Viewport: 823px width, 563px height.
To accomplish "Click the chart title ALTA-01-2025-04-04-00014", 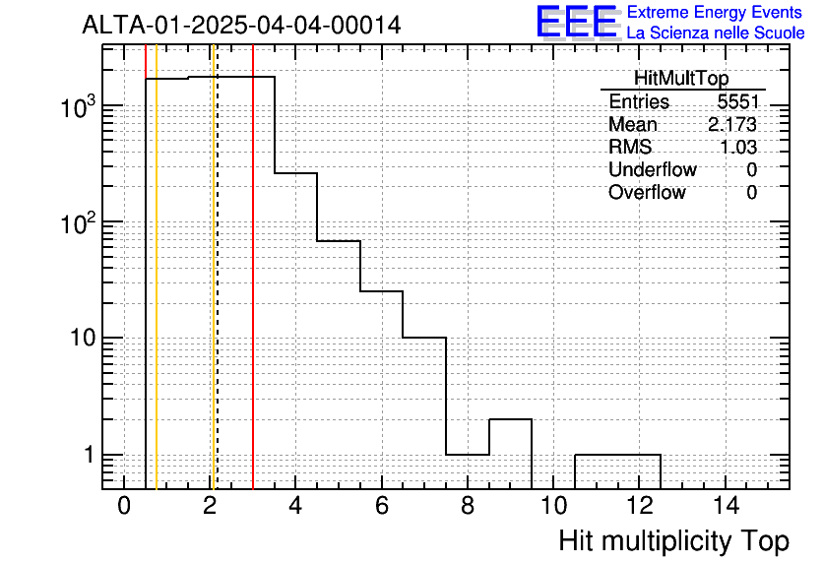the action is (x=241, y=25).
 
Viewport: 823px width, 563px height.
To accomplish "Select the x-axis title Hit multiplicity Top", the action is (x=674, y=540).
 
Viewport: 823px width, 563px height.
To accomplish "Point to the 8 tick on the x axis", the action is (x=468, y=506).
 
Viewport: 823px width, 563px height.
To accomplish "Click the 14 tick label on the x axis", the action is (x=726, y=506).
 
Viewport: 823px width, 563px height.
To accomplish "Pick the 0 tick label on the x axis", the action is (x=124, y=506).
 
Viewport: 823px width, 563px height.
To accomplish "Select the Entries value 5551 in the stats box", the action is (x=737, y=101).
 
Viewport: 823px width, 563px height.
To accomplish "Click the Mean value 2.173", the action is (x=732, y=124).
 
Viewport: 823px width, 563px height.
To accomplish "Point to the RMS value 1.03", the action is (x=738, y=147).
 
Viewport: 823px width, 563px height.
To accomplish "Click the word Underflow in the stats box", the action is (x=653, y=169).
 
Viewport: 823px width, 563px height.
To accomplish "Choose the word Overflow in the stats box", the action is (x=647, y=192).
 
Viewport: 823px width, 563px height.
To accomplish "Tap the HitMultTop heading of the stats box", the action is (x=681, y=78).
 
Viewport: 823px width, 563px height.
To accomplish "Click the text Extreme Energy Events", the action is (x=715, y=12).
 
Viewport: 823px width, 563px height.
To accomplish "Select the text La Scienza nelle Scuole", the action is (x=716, y=32).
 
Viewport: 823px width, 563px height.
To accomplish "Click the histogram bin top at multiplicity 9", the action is (x=510, y=419).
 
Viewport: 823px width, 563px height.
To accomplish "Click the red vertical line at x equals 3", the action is (x=253, y=267).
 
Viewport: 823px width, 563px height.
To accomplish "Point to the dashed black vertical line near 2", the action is (x=217, y=267).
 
